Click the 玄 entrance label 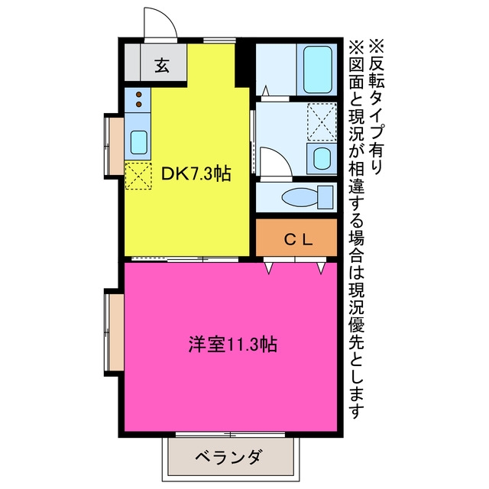point(162,65)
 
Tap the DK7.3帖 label point(196,173)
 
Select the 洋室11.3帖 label point(232,344)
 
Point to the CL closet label point(298,239)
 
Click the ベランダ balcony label point(228,457)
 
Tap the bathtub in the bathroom point(317,70)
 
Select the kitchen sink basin point(138,142)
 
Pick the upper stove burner point(139,94)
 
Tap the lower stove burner point(139,104)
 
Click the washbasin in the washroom point(322,158)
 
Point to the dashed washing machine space point(322,121)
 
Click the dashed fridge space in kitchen point(138,176)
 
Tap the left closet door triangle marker point(269,268)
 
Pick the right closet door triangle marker point(321,268)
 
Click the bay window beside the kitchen point(114,146)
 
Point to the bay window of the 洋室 point(114,332)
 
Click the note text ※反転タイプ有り point(376,106)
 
